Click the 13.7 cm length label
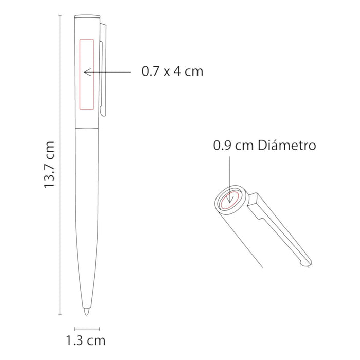point(49,165)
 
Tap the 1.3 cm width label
point(86,340)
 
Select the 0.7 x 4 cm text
point(172,71)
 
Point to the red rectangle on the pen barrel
point(80,74)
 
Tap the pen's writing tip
point(86,312)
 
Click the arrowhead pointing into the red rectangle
point(87,72)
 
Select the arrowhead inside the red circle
point(229,201)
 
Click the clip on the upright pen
point(103,69)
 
